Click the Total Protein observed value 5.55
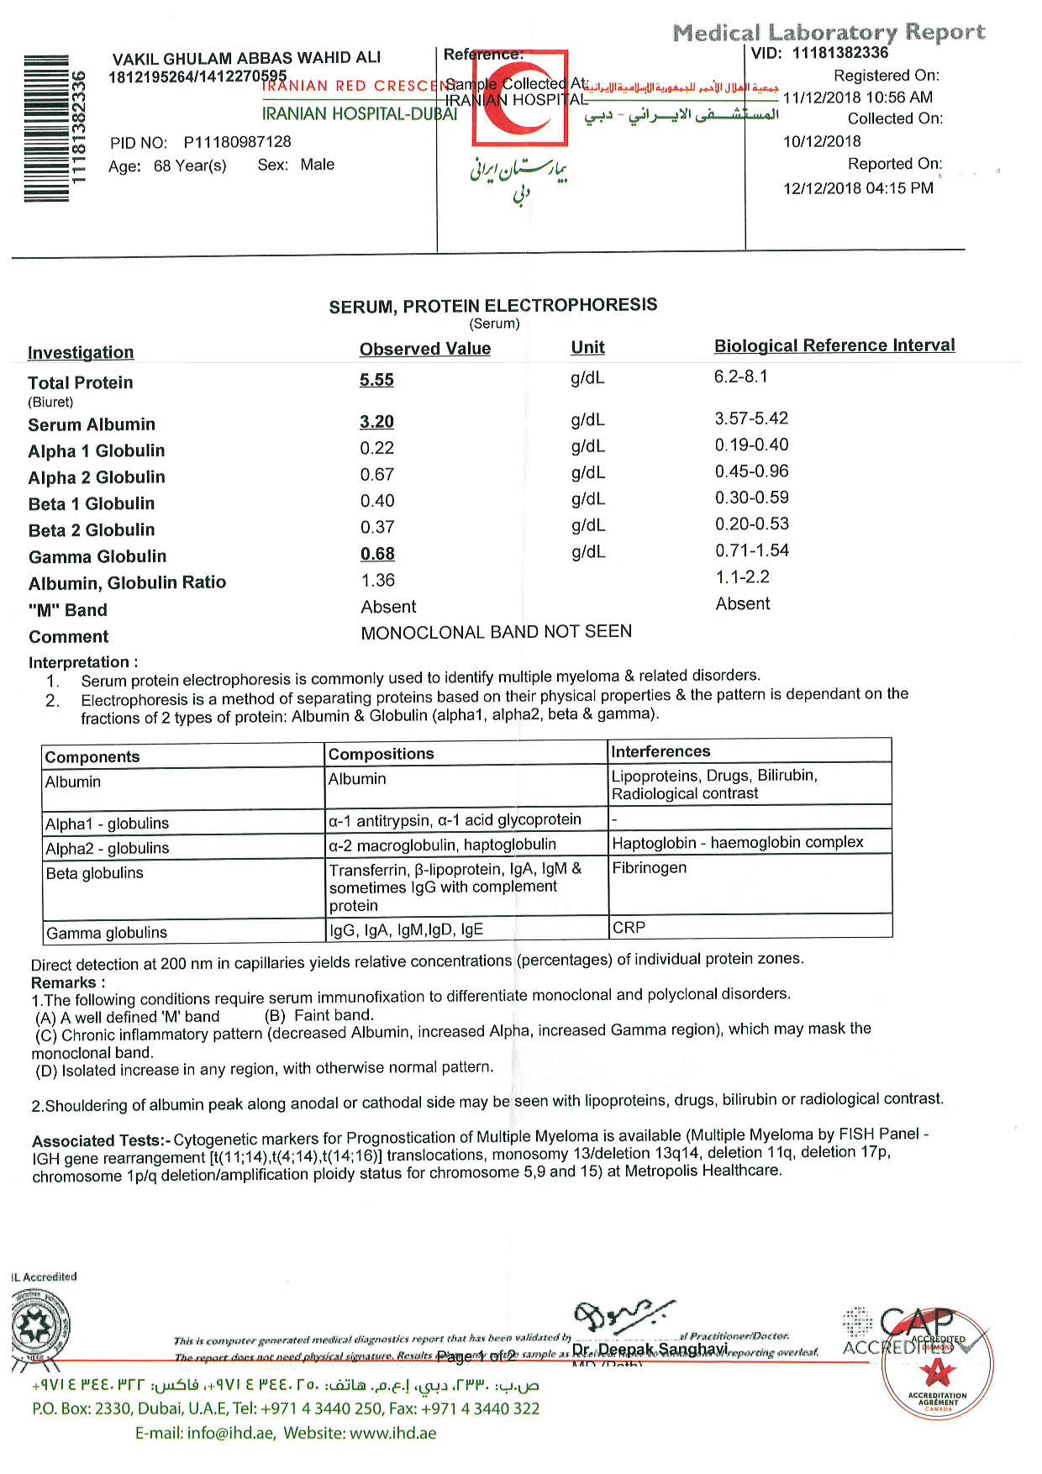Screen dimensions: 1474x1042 [x=376, y=380]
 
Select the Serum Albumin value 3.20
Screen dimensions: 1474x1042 [x=376, y=422]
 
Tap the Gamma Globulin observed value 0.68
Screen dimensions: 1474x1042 [x=377, y=554]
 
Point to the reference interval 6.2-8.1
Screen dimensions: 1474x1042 [x=740, y=376]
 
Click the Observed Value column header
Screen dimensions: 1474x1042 [x=424, y=349]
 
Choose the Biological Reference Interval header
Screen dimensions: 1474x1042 [x=834, y=345]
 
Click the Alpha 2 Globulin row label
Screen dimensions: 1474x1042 [x=97, y=477]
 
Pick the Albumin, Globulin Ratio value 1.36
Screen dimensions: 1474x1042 [x=377, y=581]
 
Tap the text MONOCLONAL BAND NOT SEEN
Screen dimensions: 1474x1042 [x=496, y=632]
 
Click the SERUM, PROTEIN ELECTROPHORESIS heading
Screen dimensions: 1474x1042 [x=492, y=306]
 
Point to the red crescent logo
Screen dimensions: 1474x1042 [x=520, y=98]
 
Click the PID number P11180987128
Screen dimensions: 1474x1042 [x=237, y=142]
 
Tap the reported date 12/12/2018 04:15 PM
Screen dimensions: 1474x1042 [x=858, y=188]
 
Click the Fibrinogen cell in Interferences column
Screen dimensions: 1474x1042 [x=649, y=868]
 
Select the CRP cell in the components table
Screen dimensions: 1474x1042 [x=629, y=928]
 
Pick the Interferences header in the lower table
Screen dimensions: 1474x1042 [x=660, y=751]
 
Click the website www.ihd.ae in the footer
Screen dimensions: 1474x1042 [x=392, y=1433]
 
